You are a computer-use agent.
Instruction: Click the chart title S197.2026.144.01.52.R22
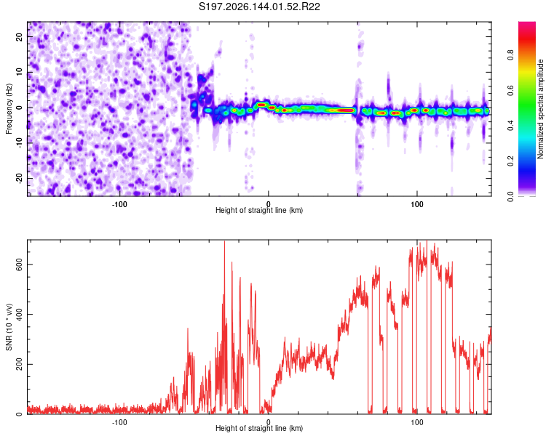(x=259, y=7)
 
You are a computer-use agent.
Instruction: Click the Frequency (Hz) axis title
(x=9, y=109)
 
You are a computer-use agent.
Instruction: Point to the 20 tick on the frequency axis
(x=20, y=37)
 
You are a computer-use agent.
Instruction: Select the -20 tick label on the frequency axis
(x=20, y=179)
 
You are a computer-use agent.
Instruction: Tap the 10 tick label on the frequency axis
(x=20, y=72)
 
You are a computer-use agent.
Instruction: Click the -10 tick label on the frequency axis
(x=20, y=143)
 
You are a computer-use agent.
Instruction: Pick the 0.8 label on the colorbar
(x=510, y=55)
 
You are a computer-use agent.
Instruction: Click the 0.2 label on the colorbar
(x=510, y=161)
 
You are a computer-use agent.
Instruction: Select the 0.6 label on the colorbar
(x=510, y=90)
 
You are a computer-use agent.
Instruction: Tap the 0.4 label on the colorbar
(x=510, y=126)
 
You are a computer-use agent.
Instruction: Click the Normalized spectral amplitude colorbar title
(x=540, y=109)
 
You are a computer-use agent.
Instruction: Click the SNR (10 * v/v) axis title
(x=9, y=327)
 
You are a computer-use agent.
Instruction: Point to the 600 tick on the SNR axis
(x=20, y=265)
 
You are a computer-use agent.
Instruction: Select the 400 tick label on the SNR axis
(x=20, y=315)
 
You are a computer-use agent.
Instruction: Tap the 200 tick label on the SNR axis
(x=20, y=364)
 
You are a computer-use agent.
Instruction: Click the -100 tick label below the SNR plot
(x=119, y=422)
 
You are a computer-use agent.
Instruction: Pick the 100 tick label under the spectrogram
(x=417, y=204)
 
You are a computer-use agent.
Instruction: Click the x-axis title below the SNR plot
(x=259, y=428)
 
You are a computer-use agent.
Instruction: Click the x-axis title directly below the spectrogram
(x=259, y=210)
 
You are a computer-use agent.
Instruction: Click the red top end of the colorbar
(x=527, y=23)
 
